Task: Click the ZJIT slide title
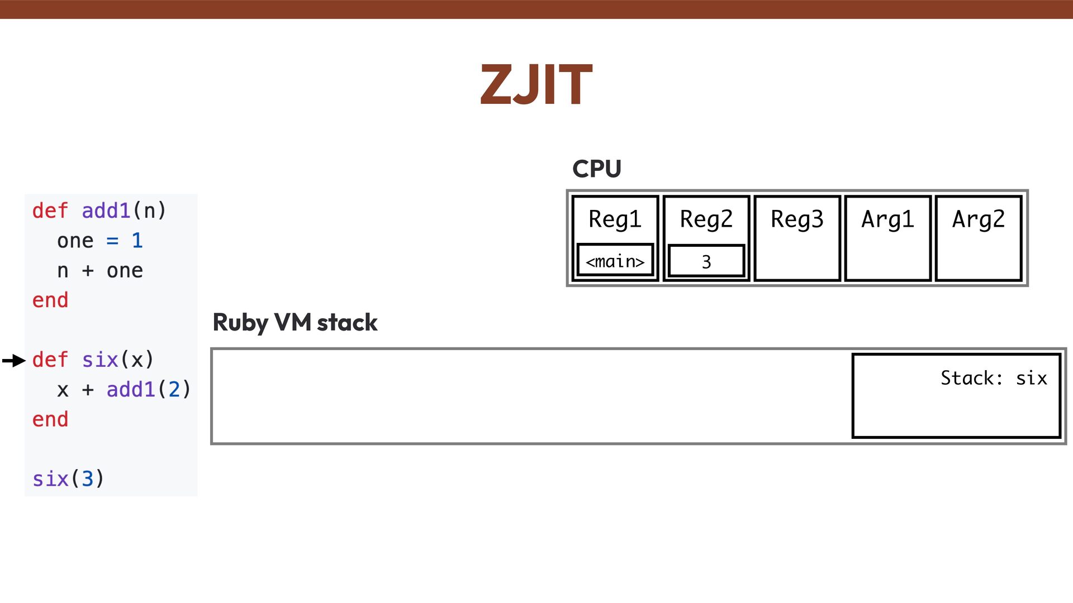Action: pos(536,85)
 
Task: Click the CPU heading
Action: pos(596,169)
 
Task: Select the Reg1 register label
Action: pos(615,219)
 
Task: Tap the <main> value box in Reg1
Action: pos(615,261)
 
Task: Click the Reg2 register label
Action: pos(706,219)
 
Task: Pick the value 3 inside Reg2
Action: pos(706,261)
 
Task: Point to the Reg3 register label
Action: pos(797,219)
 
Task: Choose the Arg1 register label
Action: pos(887,219)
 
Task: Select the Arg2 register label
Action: pos(979,219)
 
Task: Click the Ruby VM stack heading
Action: pos(295,323)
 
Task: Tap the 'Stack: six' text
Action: pos(994,378)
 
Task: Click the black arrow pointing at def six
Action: pos(14,361)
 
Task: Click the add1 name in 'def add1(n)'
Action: pos(106,211)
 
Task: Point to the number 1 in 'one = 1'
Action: pos(137,241)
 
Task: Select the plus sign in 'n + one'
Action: pos(88,271)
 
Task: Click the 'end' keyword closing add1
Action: pos(50,300)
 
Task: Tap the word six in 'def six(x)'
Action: pos(100,360)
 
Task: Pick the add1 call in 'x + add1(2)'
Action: pos(131,390)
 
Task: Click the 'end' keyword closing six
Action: pos(50,419)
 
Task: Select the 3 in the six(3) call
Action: pos(87,479)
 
